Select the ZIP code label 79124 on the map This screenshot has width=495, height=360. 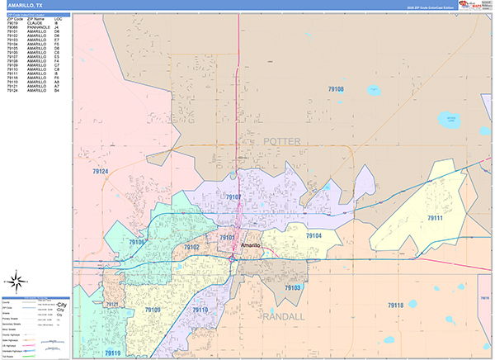(101, 171)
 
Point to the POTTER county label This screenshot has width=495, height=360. (281, 142)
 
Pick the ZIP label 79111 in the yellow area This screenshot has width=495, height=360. (435, 217)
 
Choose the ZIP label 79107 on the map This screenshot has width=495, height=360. (233, 197)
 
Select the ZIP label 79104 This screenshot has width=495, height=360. (313, 235)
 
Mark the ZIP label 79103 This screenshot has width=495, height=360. (292, 287)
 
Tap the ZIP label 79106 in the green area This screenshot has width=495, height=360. (137, 242)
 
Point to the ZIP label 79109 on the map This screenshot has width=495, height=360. (153, 310)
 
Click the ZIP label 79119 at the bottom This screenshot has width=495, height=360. (112, 353)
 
